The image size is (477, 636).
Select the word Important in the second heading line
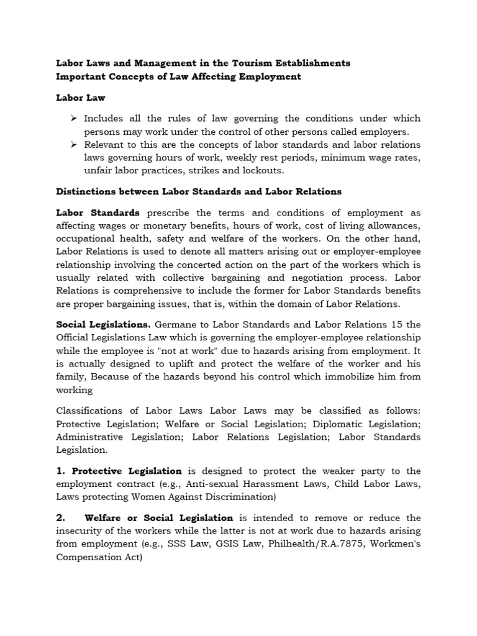pyautogui.click(x=81, y=77)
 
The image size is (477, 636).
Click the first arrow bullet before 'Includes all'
pyautogui.click(x=73, y=118)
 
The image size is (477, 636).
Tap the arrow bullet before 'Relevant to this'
pyautogui.click(x=73, y=144)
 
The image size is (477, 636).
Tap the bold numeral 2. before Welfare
pyautogui.click(x=61, y=518)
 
